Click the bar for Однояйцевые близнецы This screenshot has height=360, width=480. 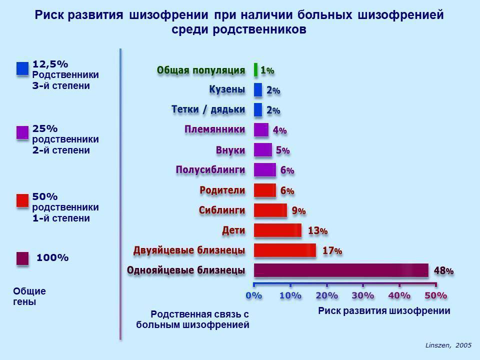point(341,270)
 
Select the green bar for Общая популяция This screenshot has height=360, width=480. point(256,70)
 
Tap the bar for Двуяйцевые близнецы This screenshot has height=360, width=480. point(285,250)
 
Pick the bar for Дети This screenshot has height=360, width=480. point(277,230)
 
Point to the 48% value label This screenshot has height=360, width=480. point(443,270)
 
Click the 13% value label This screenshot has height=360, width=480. point(317,230)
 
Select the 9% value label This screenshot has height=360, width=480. point(298,210)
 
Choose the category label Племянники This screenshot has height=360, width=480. point(215,129)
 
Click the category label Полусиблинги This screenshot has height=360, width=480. point(210,169)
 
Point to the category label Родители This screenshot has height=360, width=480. point(222,190)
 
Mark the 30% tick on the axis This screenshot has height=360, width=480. point(363,295)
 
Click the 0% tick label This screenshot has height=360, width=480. point(254,295)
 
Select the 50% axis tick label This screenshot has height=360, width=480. point(435,295)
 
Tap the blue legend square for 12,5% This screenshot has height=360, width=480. point(22,68)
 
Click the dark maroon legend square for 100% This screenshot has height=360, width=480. point(22,258)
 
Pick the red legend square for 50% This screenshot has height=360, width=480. point(22,200)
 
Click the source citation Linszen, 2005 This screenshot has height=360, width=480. point(448,345)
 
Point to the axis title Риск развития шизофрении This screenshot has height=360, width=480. point(384,310)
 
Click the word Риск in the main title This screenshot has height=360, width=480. point(51,15)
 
